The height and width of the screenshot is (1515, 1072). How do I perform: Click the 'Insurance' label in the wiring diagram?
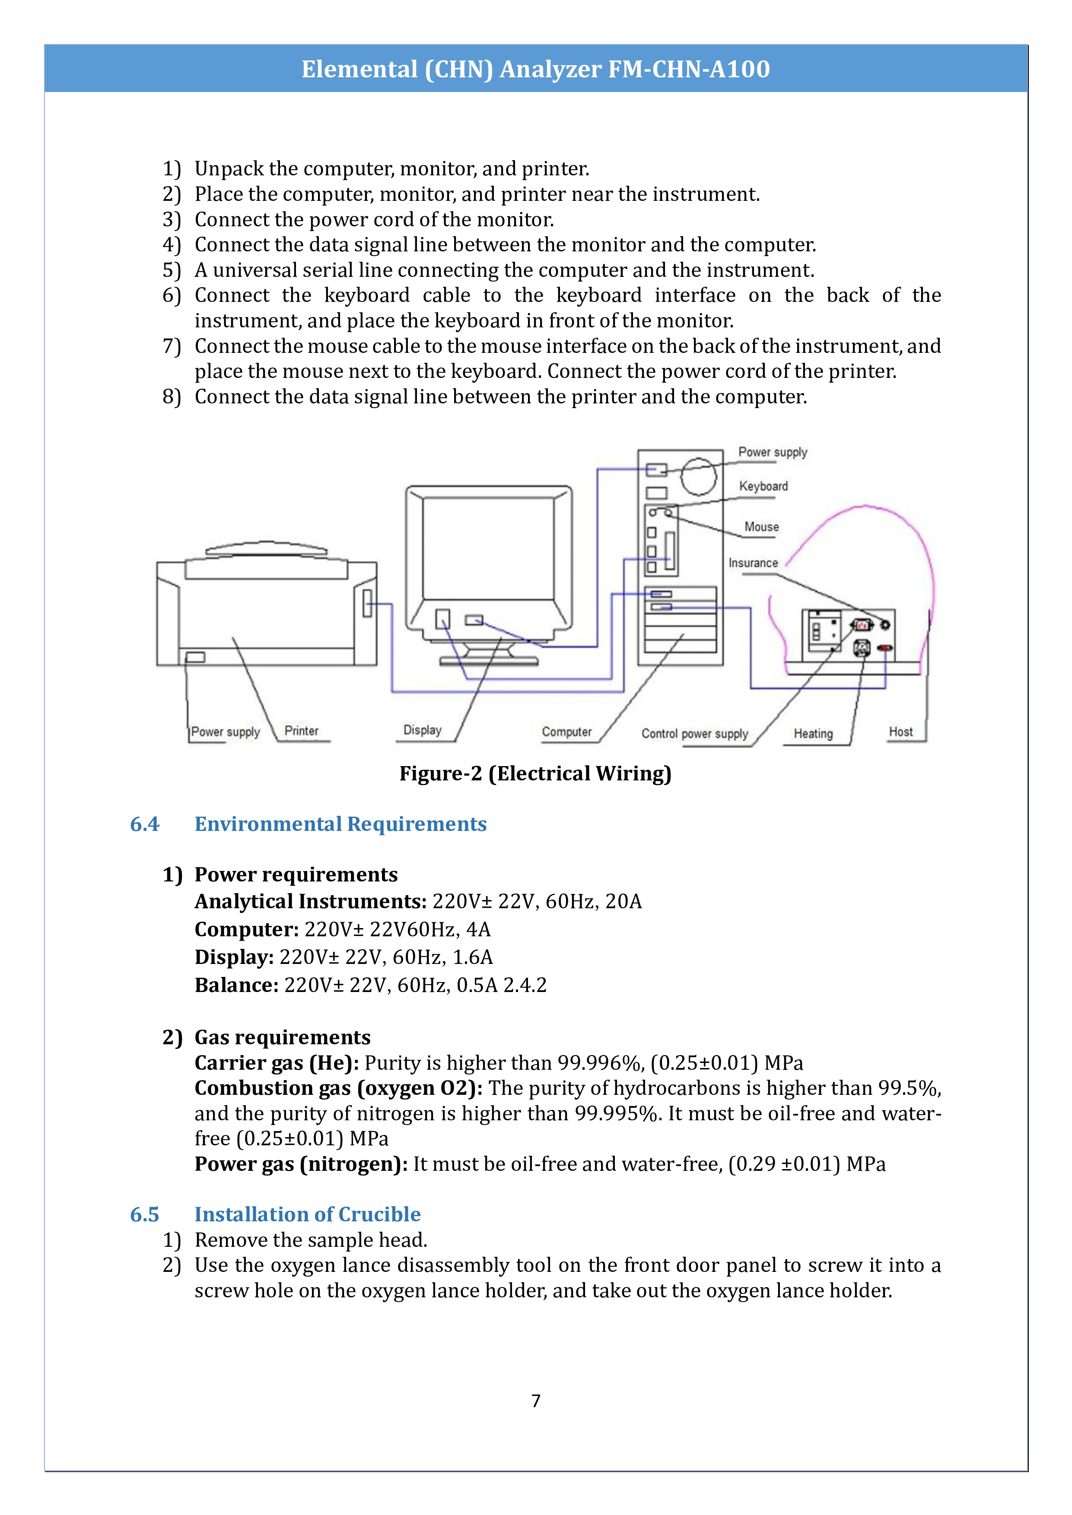click(x=753, y=563)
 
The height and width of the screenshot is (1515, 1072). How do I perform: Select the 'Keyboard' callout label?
click(x=763, y=486)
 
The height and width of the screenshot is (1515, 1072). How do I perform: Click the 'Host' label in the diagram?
click(x=900, y=731)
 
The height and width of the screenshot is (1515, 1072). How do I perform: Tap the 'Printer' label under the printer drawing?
click(x=301, y=730)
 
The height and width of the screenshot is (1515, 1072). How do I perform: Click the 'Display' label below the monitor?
click(x=422, y=730)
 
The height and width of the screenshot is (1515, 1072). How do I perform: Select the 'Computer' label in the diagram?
click(x=566, y=732)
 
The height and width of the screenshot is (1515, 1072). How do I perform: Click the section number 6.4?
click(x=145, y=824)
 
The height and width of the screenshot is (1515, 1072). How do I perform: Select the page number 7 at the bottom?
click(x=535, y=1400)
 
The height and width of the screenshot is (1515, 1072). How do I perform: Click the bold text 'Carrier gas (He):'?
click(x=277, y=1062)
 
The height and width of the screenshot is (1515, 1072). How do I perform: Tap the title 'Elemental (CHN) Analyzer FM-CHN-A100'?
click(x=535, y=69)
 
